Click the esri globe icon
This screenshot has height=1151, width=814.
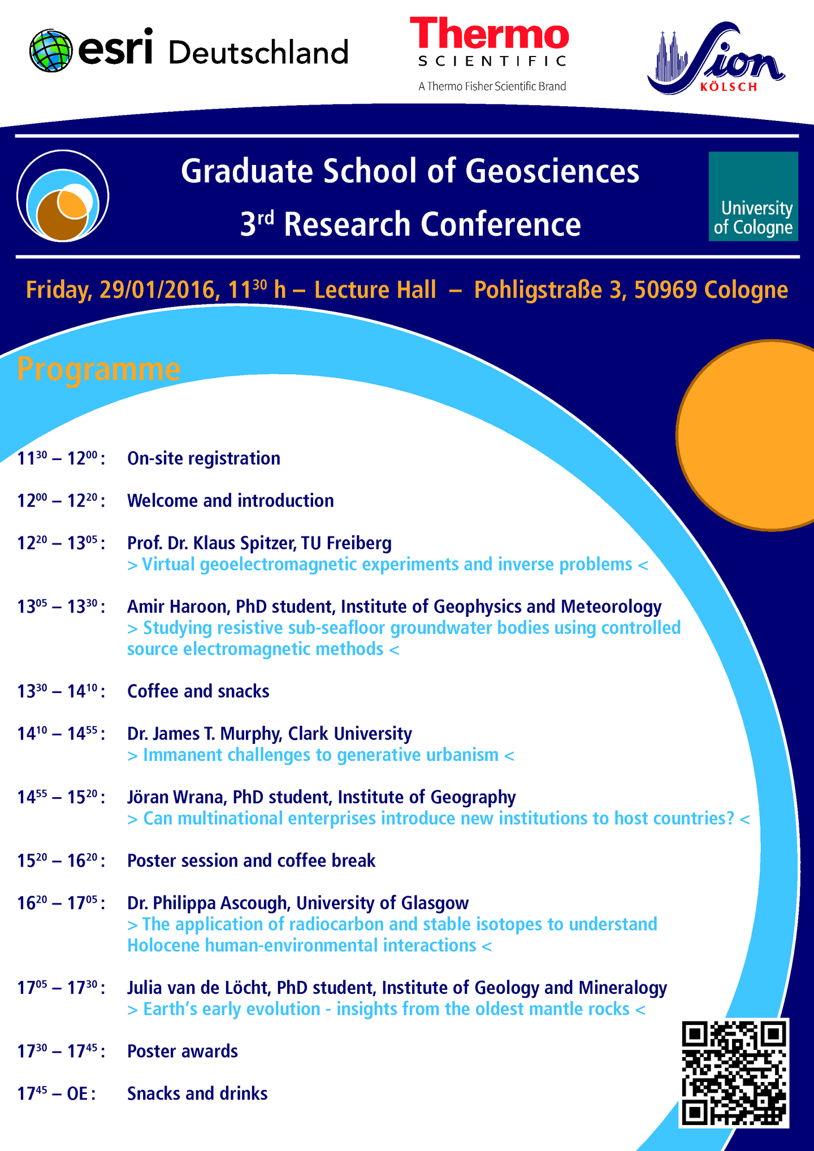(51, 51)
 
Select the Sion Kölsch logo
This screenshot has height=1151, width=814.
(716, 58)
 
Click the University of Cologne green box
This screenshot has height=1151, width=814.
(754, 196)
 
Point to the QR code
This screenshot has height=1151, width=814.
(734, 1072)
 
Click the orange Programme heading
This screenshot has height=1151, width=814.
(99, 369)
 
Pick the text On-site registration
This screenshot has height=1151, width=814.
(203, 458)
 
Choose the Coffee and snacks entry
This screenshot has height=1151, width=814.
(198, 691)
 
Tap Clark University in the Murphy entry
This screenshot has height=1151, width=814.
(350, 734)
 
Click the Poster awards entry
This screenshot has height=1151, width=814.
(183, 1052)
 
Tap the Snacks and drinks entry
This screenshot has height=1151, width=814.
(197, 1094)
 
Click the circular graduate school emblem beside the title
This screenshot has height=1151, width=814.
(63, 196)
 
